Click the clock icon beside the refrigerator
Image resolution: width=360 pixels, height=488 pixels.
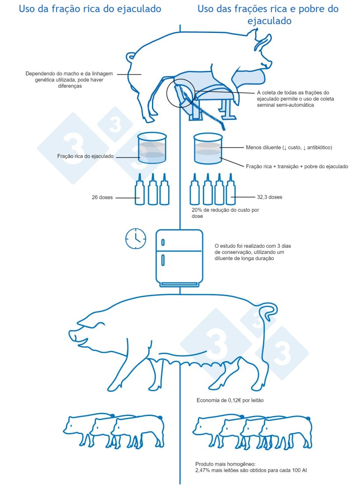pos(136,239)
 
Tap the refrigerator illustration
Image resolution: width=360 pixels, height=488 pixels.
pos(179,258)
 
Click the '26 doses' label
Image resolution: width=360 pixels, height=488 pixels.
pos(102,197)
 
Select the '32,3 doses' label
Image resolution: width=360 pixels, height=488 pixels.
pos(270,197)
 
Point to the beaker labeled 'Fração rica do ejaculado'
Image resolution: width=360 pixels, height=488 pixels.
pos(152,148)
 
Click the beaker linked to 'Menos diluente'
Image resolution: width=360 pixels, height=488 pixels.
pos(208,148)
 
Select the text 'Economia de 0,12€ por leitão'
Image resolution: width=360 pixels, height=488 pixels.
pos(230,400)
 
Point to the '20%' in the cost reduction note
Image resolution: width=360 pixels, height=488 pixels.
pos(197,210)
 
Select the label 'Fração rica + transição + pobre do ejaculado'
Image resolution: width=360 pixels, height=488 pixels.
pos(297,166)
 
